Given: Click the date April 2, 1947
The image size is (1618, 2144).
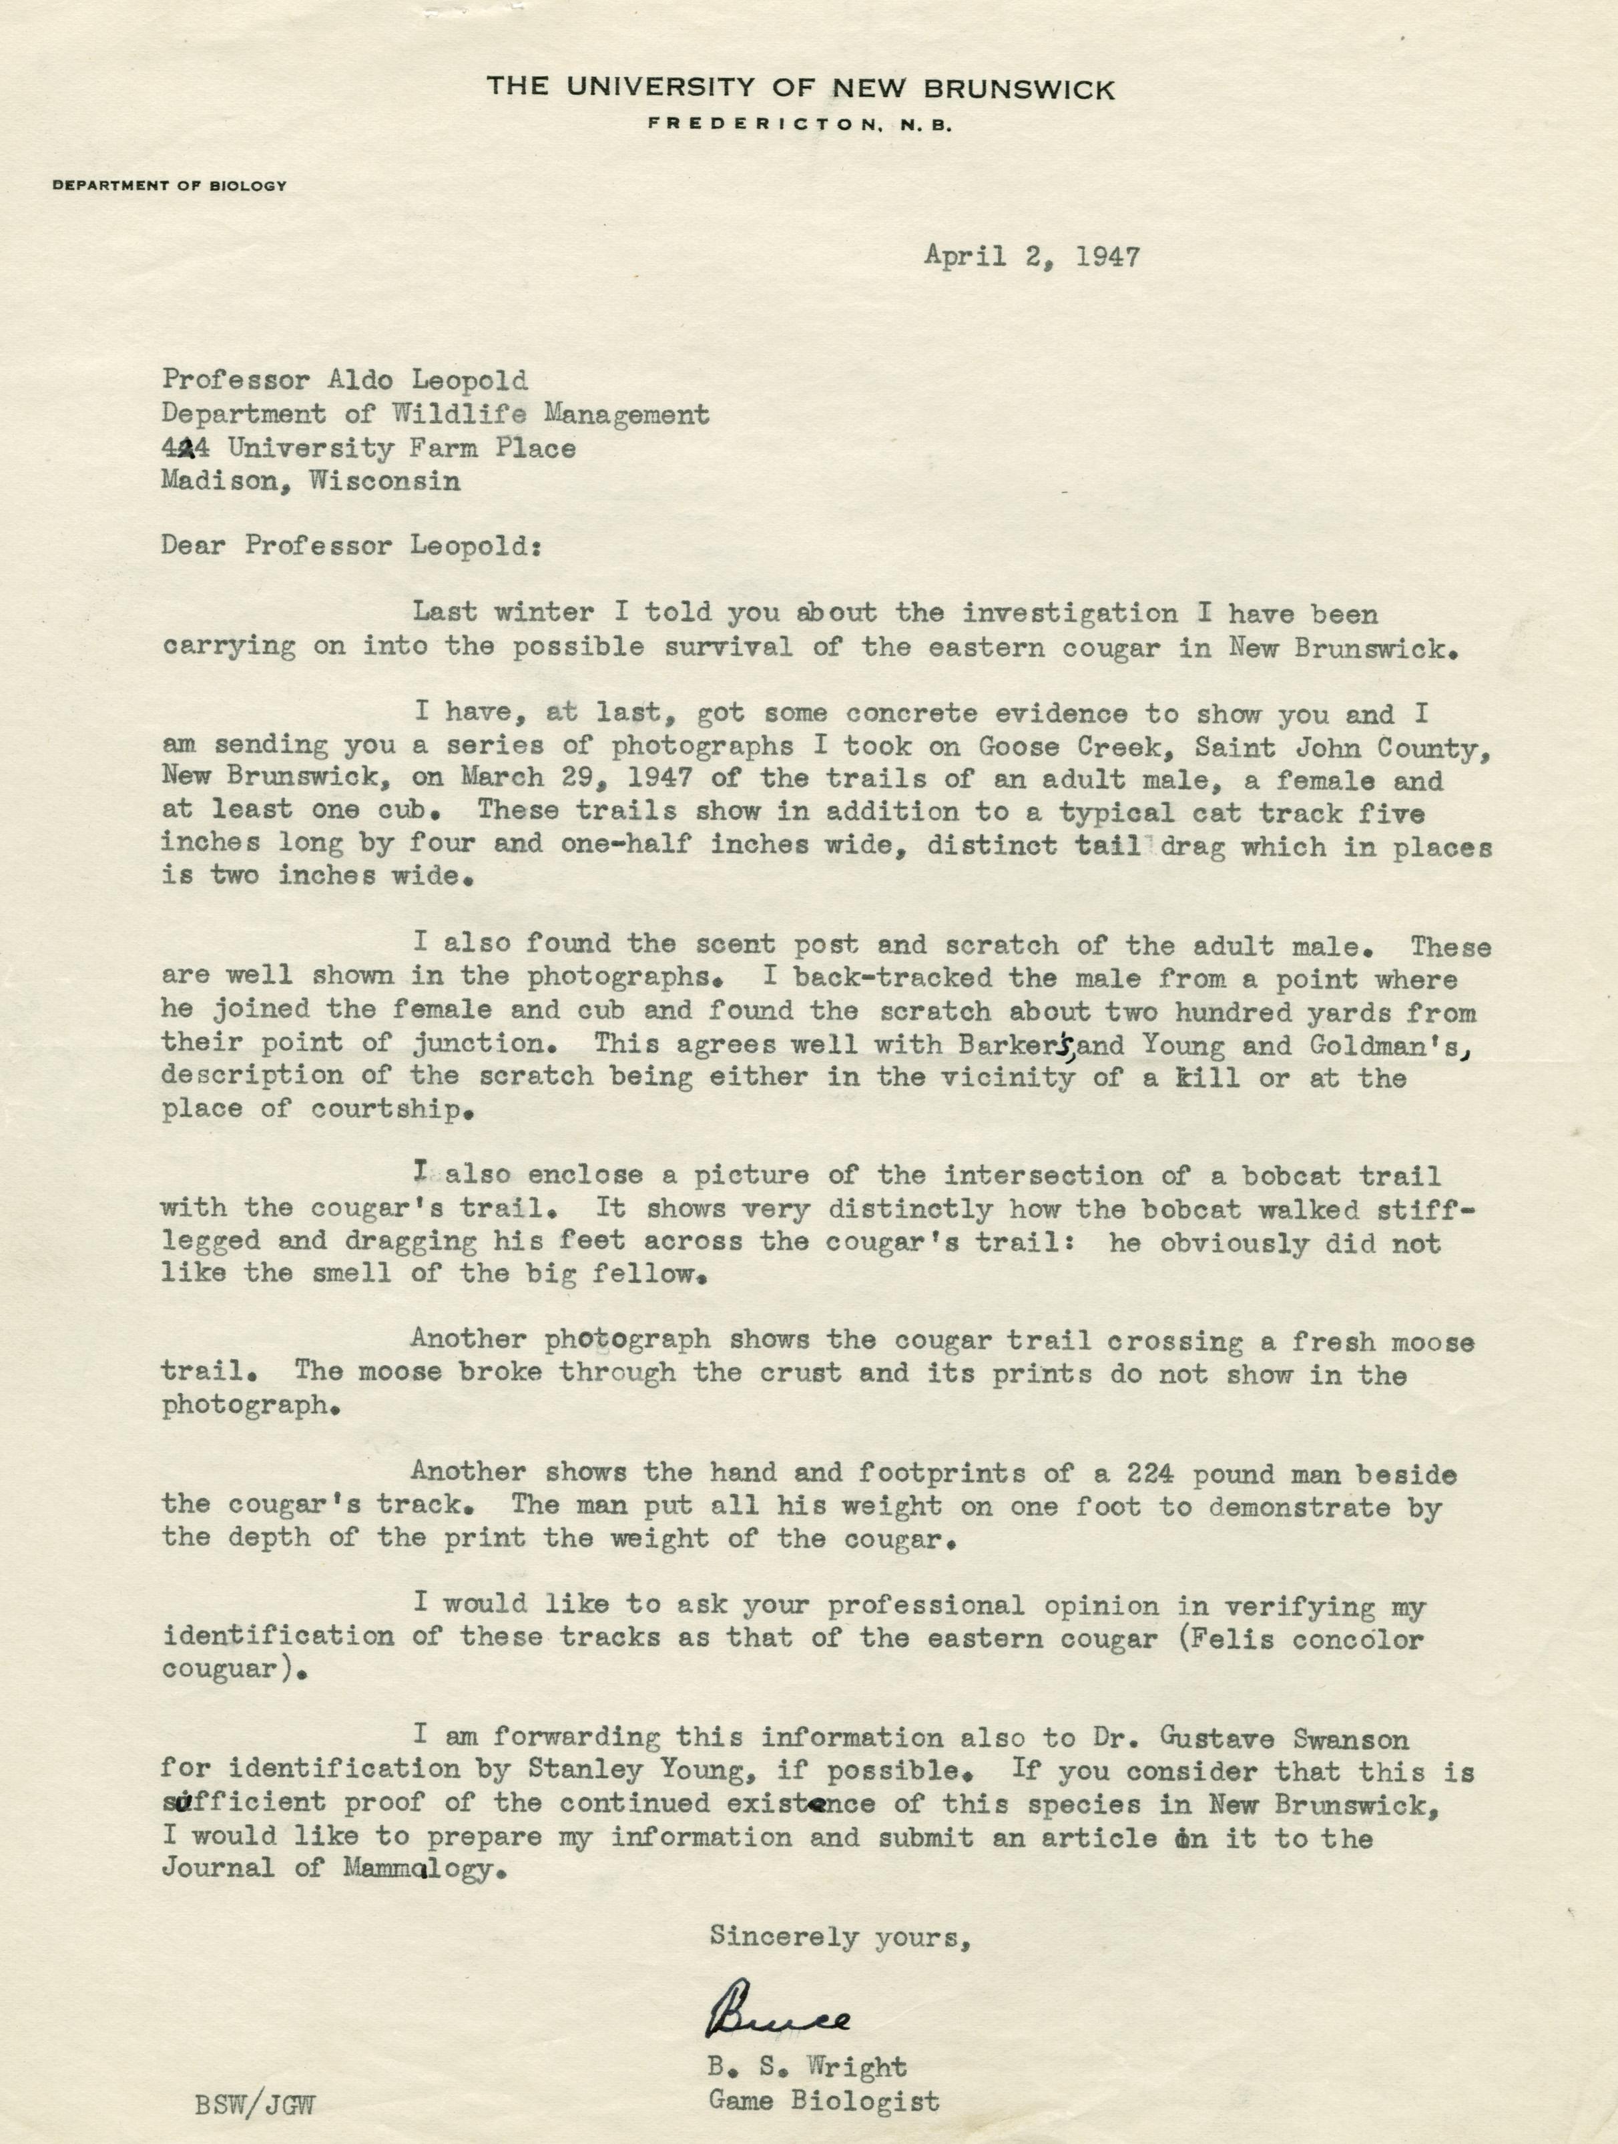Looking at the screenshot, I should (x=1031, y=257).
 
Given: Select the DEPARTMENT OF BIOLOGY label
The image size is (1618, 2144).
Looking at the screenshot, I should (x=170, y=185).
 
